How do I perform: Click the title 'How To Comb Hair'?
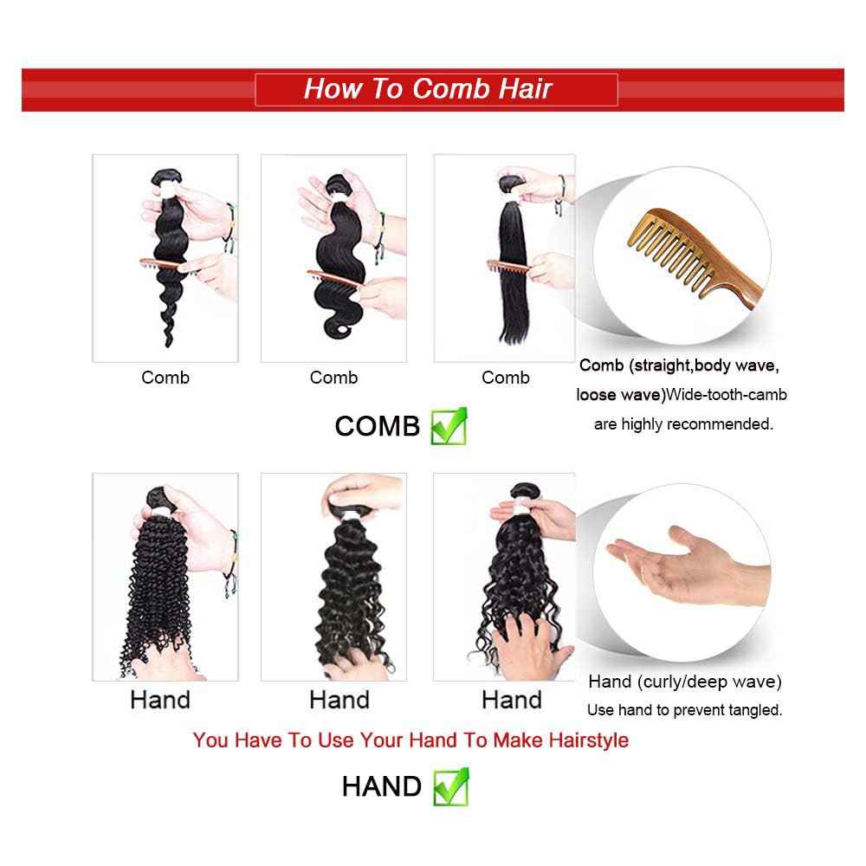tap(428, 89)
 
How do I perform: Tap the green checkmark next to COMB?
tap(449, 425)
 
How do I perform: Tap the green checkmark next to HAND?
tap(450, 785)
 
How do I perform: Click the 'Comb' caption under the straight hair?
tap(506, 378)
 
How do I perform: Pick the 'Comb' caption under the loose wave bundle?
tap(165, 378)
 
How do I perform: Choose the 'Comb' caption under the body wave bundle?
tap(333, 378)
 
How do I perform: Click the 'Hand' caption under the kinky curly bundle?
tap(160, 700)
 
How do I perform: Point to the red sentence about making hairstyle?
tap(410, 740)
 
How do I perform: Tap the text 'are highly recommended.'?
tap(682, 424)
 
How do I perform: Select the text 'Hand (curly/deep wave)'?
tap(684, 682)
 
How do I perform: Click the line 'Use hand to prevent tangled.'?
tap(684, 710)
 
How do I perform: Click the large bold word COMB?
tap(377, 426)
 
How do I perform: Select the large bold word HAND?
tap(381, 786)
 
